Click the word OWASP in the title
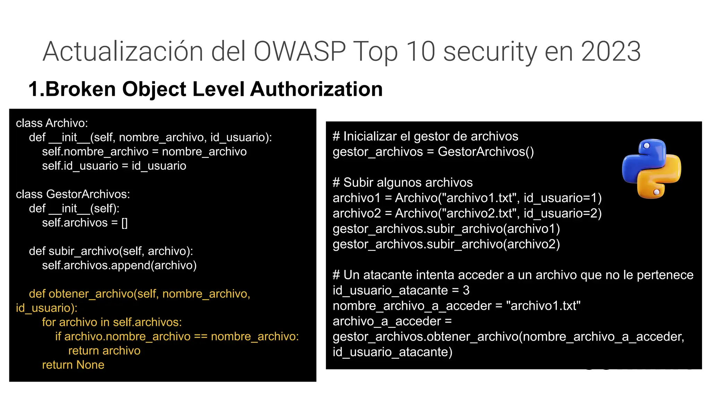(300, 51)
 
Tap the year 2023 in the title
(611, 51)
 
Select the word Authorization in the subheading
(316, 89)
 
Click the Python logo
(651, 169)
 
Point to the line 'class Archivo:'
(52, 123)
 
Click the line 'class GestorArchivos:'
(73, 194)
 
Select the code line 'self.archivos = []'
(85, 223)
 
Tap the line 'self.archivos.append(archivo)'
(119, 265)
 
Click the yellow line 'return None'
(73, 365)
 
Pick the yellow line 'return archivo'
(104, 351)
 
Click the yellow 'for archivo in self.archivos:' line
(112, 322)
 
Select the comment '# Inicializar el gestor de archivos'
(425, 136)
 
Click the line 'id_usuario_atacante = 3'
(401, 290)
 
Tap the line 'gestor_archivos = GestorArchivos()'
(433, 152)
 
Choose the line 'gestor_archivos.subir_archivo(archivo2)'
(446, 244)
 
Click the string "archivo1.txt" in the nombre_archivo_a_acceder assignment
(543, 306)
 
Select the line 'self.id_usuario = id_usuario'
(114, 166)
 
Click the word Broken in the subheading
(80, 89)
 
